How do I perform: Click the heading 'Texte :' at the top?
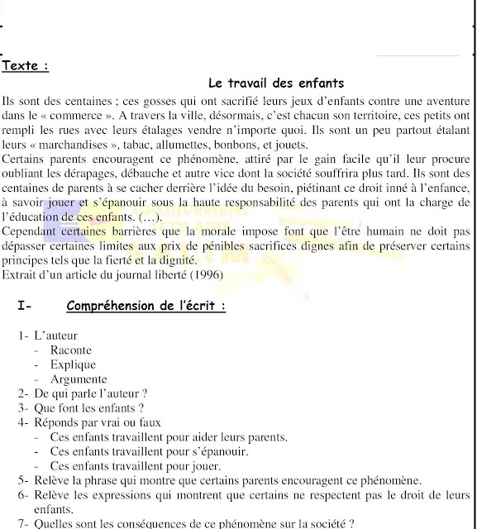(x=26, y=64)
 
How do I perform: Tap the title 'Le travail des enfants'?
(x=275, y=83)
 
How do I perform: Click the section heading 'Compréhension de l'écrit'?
(x=146, y=306)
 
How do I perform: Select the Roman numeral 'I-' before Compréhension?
(x=25, y=306)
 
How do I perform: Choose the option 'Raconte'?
(x=71, y=350)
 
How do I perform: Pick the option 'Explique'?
(x=73, y=365)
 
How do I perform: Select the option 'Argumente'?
(x=79, y=379)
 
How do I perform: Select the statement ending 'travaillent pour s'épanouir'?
(x=149, y=451)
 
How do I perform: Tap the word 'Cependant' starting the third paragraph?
(x=31, y=231)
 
